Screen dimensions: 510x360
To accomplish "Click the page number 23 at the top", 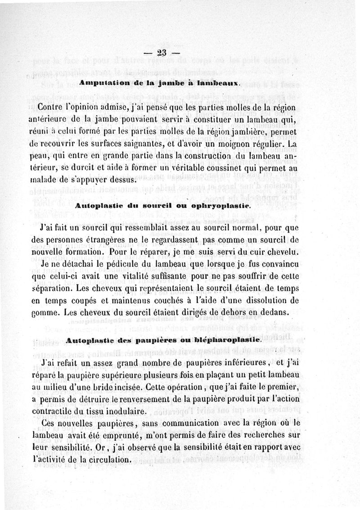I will point(162,53).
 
